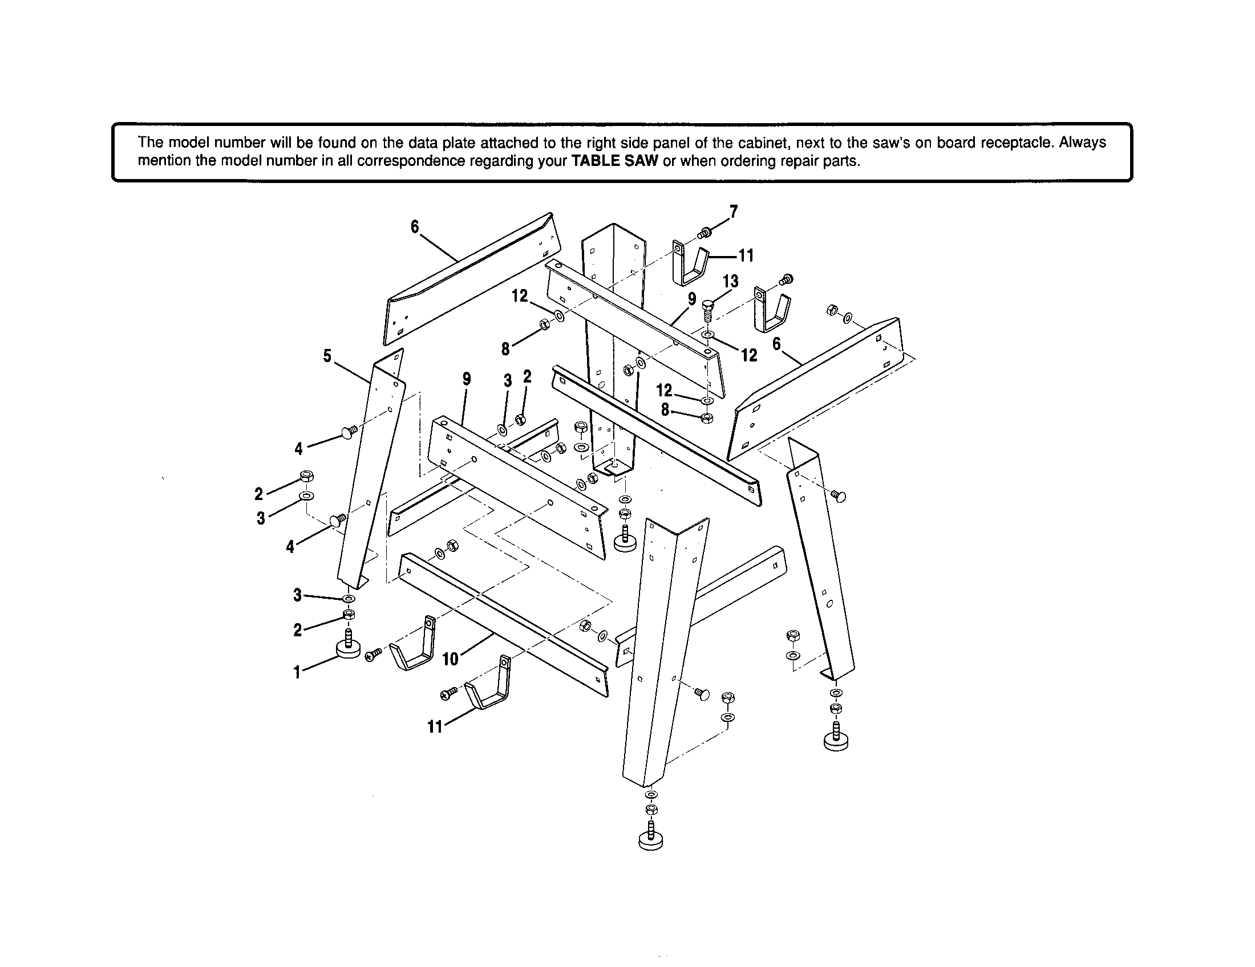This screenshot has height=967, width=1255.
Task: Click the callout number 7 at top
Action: [x=734, y=212]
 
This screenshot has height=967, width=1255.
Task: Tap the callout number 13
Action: [x=730, y=281]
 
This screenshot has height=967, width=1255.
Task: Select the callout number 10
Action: [x=451, y=659]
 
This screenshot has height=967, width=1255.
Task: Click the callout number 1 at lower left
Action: [x=297, y=672]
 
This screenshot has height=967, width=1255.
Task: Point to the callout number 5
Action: [x=327, y=356]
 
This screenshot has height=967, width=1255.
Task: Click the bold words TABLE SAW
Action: [x=615, y=161]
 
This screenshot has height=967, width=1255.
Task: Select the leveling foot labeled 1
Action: [x=348, y=648]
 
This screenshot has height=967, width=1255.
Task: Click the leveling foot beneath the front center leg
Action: [x=650, y=839]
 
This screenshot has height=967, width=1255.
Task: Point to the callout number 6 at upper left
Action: [x=415, y=227]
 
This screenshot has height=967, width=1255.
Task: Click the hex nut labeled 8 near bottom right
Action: [x=708, y=418]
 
